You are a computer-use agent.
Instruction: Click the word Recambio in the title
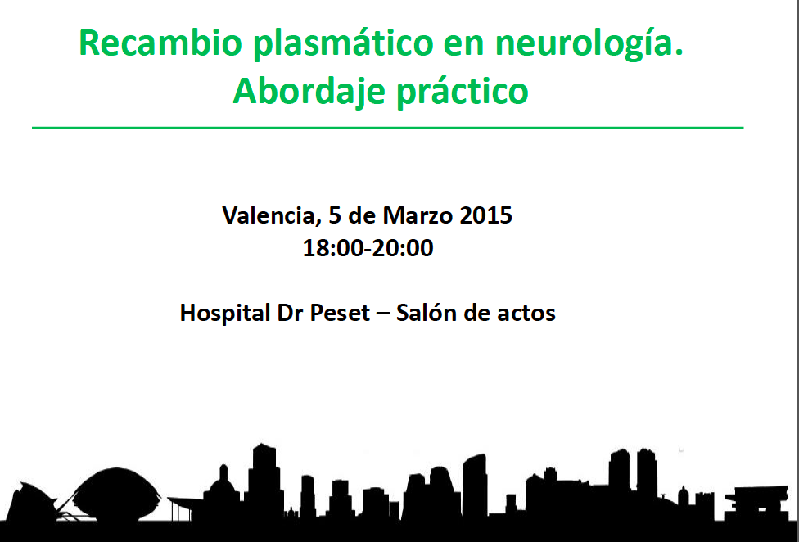point(160,43)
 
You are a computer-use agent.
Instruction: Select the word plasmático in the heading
point(343,45)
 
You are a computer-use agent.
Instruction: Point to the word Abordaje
point(309,93)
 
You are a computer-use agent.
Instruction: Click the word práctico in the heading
point(463,93)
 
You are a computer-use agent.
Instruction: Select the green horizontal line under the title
point(388,128)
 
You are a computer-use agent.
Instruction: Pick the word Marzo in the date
point(418,215)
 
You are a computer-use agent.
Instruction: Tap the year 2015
point(486,215)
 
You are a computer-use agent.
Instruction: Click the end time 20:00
point(403,248)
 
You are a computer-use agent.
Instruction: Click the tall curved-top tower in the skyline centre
point(475,484)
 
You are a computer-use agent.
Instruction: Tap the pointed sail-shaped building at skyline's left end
point(33,502)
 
